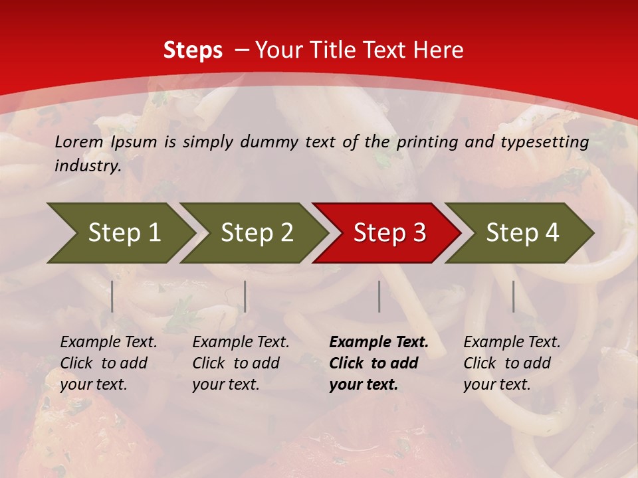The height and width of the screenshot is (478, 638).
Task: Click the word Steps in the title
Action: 193,50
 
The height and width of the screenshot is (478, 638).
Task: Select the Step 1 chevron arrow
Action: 120,233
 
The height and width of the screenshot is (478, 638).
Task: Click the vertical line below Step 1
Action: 112,296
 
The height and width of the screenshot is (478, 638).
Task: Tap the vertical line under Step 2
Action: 245,296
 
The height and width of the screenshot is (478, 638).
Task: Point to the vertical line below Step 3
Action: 379,296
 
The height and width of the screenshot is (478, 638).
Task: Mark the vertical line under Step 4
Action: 513,296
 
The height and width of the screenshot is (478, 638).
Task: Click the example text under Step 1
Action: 108,363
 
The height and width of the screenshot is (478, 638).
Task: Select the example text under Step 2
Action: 241,363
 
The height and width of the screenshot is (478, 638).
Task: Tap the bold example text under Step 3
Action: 378,363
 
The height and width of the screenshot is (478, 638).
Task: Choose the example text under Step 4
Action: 511,363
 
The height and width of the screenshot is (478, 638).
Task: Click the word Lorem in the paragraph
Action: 79,142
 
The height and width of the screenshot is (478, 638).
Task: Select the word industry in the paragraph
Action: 87,166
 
